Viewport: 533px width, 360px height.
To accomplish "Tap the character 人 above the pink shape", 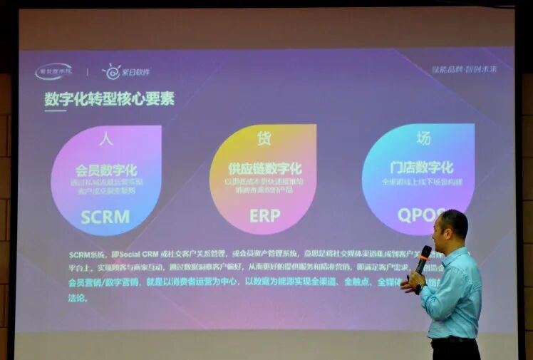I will [x=106, y=138].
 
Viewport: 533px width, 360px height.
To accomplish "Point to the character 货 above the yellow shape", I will [x=264, y=138].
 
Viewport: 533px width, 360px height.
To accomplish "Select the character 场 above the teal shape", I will [x=423, y=137].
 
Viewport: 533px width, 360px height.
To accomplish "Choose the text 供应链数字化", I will [x=264, y=169].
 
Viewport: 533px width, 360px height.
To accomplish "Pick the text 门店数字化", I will [x=421, y=168].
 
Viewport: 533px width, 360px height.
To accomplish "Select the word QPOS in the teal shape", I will [x=420, y=214].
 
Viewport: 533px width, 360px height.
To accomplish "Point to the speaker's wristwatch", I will [x=420, y=288].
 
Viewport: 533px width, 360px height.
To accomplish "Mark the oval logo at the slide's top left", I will [x=54, y=71].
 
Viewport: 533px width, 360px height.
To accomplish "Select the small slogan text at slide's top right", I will [x=464, y=69].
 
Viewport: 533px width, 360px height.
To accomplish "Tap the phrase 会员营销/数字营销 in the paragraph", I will [x=96, y=282].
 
